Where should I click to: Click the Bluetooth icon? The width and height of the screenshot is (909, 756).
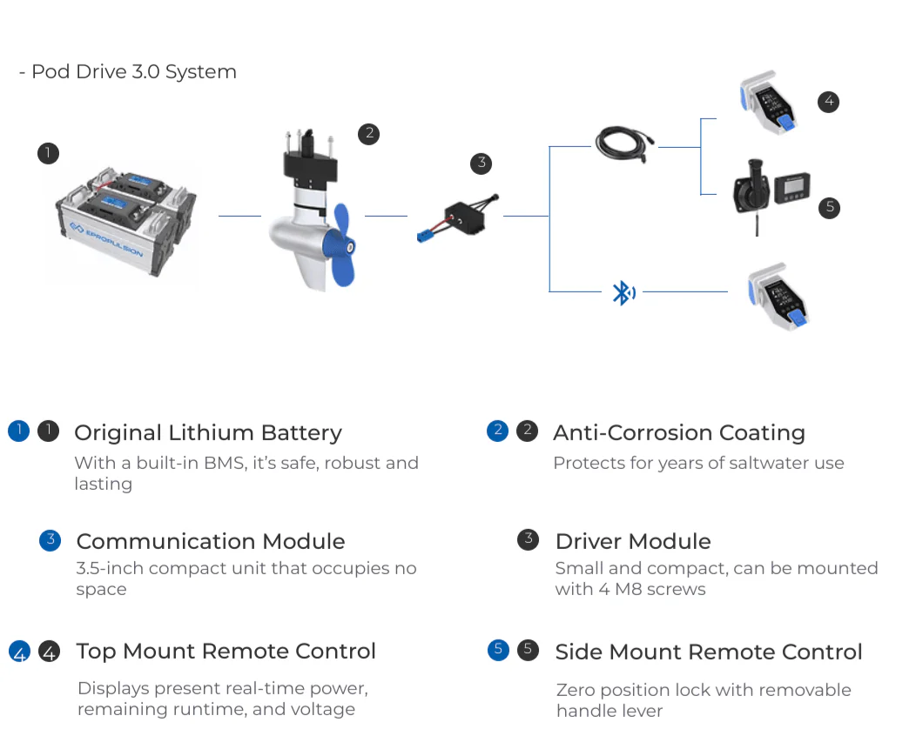(x=622, y=293)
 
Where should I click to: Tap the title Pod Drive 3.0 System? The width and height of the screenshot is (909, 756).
(x=133, y=71)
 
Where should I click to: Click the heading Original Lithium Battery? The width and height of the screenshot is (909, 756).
(x=207, y=432)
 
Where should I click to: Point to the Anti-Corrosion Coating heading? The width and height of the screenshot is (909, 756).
(x=678, y=432)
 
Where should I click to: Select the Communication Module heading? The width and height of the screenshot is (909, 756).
(x=210, y=541)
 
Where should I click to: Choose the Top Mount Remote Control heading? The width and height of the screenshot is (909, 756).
(x=226, y=651)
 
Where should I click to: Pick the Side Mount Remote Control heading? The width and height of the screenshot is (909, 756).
(x=708, y=652)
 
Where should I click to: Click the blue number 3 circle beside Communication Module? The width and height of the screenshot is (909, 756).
(x=50, y=540)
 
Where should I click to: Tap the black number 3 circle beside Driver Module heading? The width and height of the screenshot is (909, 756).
(x=528, y=539)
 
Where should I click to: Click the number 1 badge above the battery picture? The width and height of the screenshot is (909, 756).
(x=48, y=154)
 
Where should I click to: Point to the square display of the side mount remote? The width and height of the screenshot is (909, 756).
(x=792, y=186)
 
